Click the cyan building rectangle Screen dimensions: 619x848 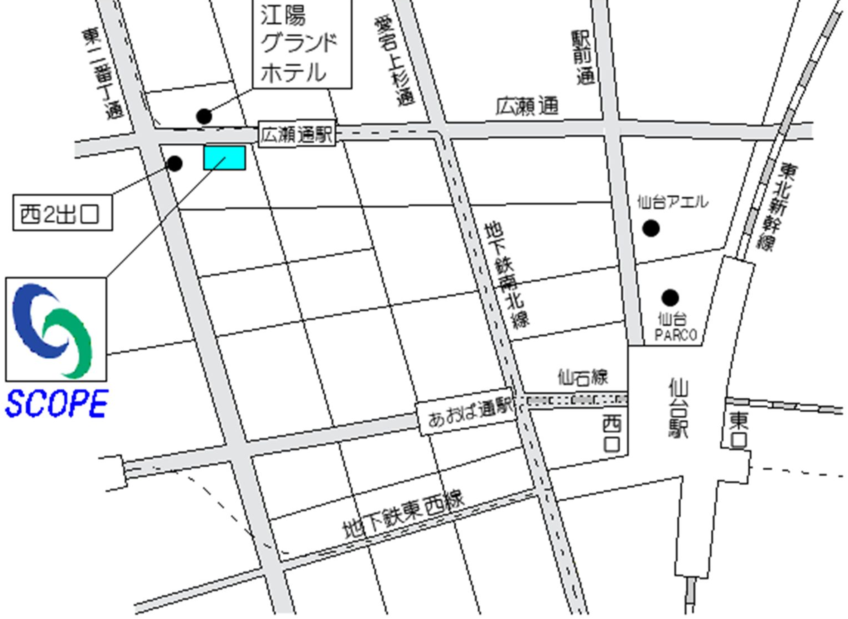point(224,158)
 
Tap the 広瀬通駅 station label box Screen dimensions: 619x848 point(297,134)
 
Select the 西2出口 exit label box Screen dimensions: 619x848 point(62,213)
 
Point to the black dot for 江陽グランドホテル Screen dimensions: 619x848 point(204,116)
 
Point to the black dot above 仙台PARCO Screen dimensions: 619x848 point(670,298)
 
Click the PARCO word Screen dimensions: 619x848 point(676,335)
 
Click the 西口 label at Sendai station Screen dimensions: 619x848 point(611,435)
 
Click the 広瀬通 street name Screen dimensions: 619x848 point(527,106)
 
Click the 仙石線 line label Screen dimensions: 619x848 point(583,377)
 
